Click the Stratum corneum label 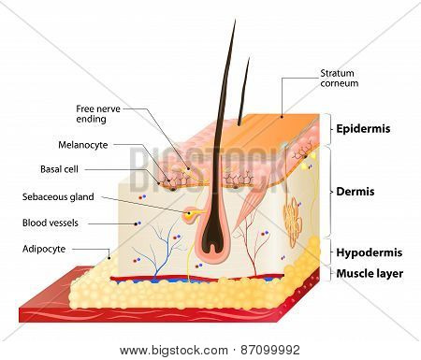(340, 79)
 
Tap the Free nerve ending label (98, 114)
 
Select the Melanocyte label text (83, 145)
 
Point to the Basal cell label (59, 169)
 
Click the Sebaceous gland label (58, 197)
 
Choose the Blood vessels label (51, 223)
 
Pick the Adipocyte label (44, 249)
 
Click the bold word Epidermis (363, 129)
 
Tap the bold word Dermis (356, 192)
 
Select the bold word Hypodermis (370, 252)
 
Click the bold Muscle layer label (370, 274)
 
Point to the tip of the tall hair (235, 21)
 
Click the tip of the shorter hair (249, 58)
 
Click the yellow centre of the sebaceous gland (189, 214)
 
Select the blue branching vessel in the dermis (162, 250)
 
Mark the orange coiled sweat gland (293, 222)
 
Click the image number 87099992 (270, 350)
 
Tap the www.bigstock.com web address (174, 351)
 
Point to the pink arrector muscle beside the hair (246, 206)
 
